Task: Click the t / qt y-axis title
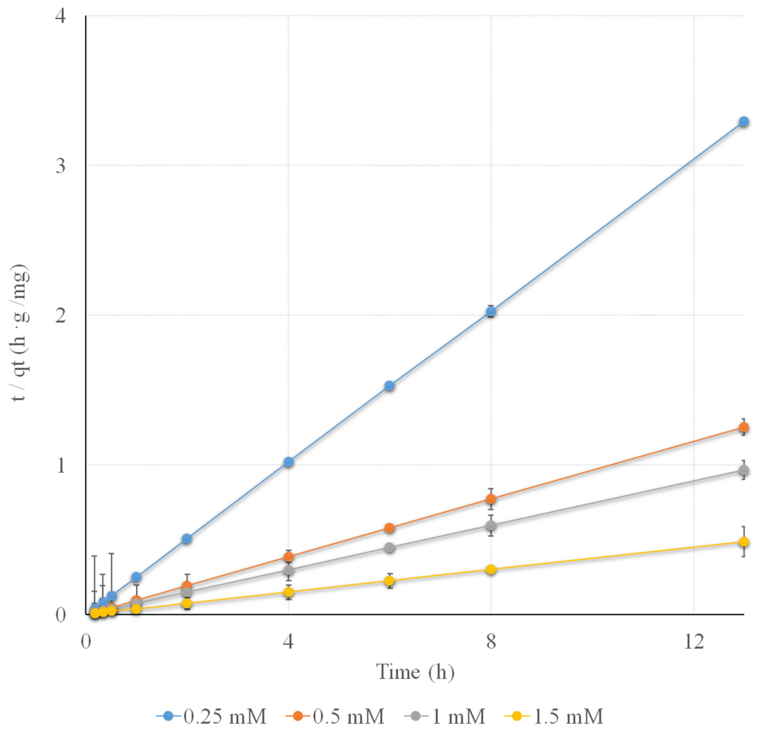point(20,333)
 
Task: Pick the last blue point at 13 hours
point(744,122)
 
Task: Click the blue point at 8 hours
point(491,311)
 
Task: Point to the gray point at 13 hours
point(744,470)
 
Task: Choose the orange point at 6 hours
point(389,528)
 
